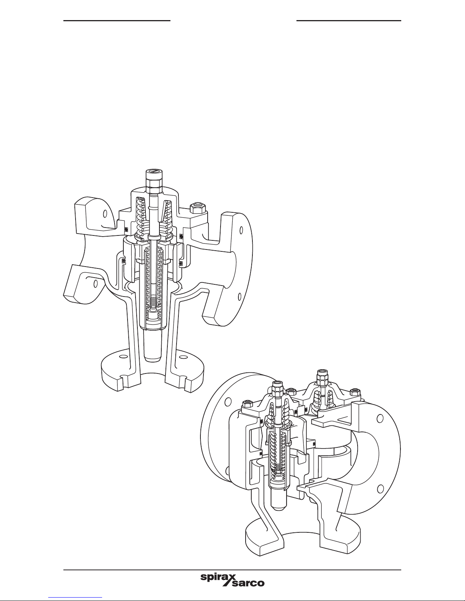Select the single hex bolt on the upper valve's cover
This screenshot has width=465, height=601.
[196, 209]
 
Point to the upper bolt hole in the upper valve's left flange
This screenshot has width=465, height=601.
[106, 214]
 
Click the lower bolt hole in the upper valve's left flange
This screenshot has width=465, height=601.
[96, 284]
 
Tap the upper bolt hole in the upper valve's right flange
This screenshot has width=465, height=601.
[241, 230]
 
